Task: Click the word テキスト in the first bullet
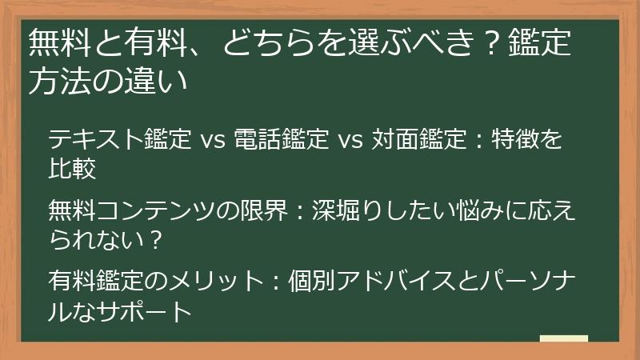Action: [95, 138]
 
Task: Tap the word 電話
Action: [258, 138]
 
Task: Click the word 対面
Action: [395, 138]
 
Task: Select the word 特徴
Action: [515, 138]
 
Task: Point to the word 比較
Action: [72, 168]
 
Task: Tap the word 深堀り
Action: [346, 210]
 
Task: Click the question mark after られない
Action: [154, 240]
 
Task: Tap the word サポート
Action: [144, 311]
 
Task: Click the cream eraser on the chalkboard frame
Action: [564, 338]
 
